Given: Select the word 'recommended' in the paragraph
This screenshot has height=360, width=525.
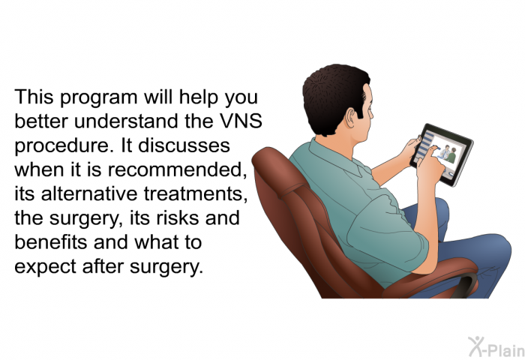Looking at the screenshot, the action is (x=175, y=169).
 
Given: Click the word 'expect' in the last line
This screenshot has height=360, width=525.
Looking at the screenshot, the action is (x=45, y=267).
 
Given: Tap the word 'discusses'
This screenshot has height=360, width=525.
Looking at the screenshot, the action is (x=184, y=145).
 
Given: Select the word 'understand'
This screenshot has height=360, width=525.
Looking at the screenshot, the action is (x=126, y=121).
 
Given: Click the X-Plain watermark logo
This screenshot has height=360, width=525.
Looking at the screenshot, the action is (x=496, y=347).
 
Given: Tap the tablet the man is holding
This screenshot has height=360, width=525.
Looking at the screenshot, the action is (x=442, y=154).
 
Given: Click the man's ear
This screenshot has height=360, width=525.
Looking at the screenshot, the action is (x=350, y=118).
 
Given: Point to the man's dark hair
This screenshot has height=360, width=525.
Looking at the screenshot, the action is (x=334, y=95).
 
